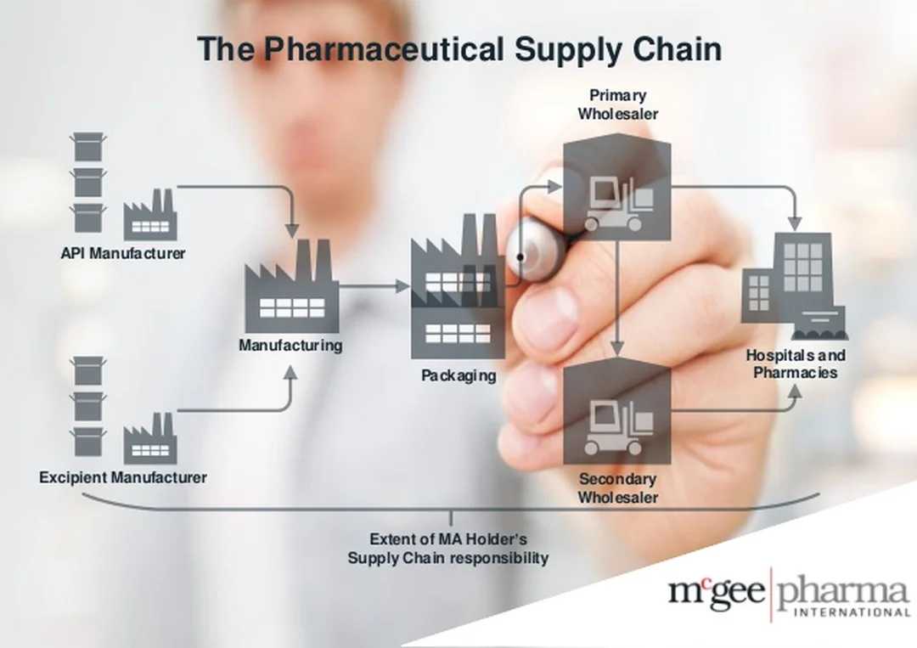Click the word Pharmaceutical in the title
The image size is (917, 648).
coord(384,48)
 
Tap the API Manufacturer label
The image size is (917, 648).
coord(123,253)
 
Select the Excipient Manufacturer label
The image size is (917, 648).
coord(123,478)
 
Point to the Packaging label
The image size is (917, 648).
coord(459,375)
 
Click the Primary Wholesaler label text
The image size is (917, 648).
coord(617,104)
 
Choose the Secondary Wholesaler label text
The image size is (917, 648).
coord(617,488)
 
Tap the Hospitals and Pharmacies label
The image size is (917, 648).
coord(796,363)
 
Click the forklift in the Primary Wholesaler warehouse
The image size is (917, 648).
coord(618,204)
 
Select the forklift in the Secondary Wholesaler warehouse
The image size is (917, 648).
coord(618,427)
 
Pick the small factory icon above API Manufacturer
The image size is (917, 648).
coord(149,215)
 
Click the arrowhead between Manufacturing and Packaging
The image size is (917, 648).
coord(403,286)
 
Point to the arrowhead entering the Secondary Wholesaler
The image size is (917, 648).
coord(617,348)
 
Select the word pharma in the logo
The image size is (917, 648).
coord(843,592)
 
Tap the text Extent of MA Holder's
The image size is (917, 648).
coord(448,538)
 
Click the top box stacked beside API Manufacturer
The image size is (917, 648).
coord(88,147)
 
